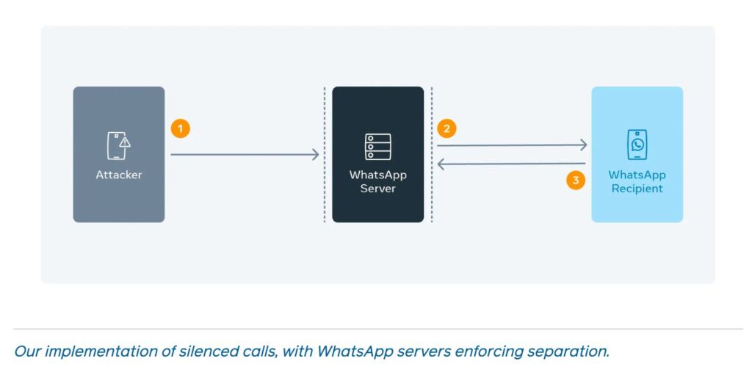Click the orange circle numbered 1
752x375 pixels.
(181, 128)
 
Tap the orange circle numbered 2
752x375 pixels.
(446, 128)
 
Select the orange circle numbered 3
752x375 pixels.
(576, 180)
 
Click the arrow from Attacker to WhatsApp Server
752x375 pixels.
(245, 154)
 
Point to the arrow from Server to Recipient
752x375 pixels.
(512, 145)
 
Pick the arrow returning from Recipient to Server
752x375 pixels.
(512, 164)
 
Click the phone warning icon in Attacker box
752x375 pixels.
(118, 146)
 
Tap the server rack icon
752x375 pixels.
(377, 147)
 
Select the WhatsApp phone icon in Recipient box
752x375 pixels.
(637, 145)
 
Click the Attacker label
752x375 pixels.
(118, 175)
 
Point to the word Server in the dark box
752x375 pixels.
(377, 189)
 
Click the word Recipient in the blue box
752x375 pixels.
(637, 189)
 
